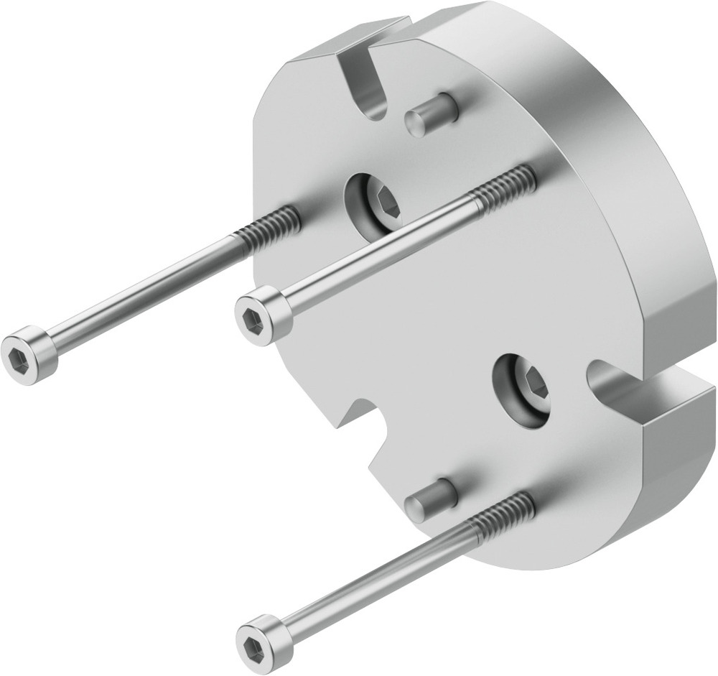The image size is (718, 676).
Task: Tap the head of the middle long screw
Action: pos(264,313)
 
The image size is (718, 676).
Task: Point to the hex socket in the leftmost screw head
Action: pos(19,358)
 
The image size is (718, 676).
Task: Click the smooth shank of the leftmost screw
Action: pos(144,291)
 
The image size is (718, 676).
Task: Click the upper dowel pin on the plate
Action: pos(430,115)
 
